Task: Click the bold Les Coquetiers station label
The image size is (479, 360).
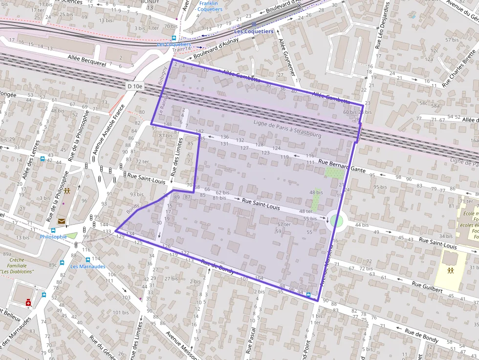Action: click(254, 31)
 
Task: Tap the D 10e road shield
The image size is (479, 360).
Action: click(135, 86)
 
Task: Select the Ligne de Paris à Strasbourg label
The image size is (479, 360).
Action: click(287, 129)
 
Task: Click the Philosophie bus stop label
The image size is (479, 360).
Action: click(53, 237)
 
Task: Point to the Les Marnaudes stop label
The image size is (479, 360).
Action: click(87, 267)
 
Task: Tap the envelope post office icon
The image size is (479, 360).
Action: click(62, 221)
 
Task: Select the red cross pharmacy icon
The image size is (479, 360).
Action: click(28, 303)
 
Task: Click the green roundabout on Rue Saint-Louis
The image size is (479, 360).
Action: click(336, 221)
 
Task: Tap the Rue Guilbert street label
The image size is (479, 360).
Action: click(427, 287)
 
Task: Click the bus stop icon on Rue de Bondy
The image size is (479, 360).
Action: click(308, 295)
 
